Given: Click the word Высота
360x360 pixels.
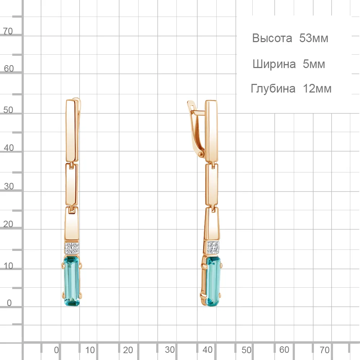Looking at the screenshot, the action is click(x=272, y=38).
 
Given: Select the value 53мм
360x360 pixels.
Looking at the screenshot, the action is click(x=314, y=38).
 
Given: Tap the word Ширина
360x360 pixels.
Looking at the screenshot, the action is click(x=274, y=64).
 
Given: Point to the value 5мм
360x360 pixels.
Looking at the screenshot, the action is click(x=314, y=64).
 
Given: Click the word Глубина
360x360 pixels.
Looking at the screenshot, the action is click(x=273, y=89).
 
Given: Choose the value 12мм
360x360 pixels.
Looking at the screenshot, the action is click(x=317, y=89).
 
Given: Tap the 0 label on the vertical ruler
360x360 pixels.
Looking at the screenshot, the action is click(x=9, y=303).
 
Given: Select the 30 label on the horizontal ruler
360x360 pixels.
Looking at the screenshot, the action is click(x=170, y=350).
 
